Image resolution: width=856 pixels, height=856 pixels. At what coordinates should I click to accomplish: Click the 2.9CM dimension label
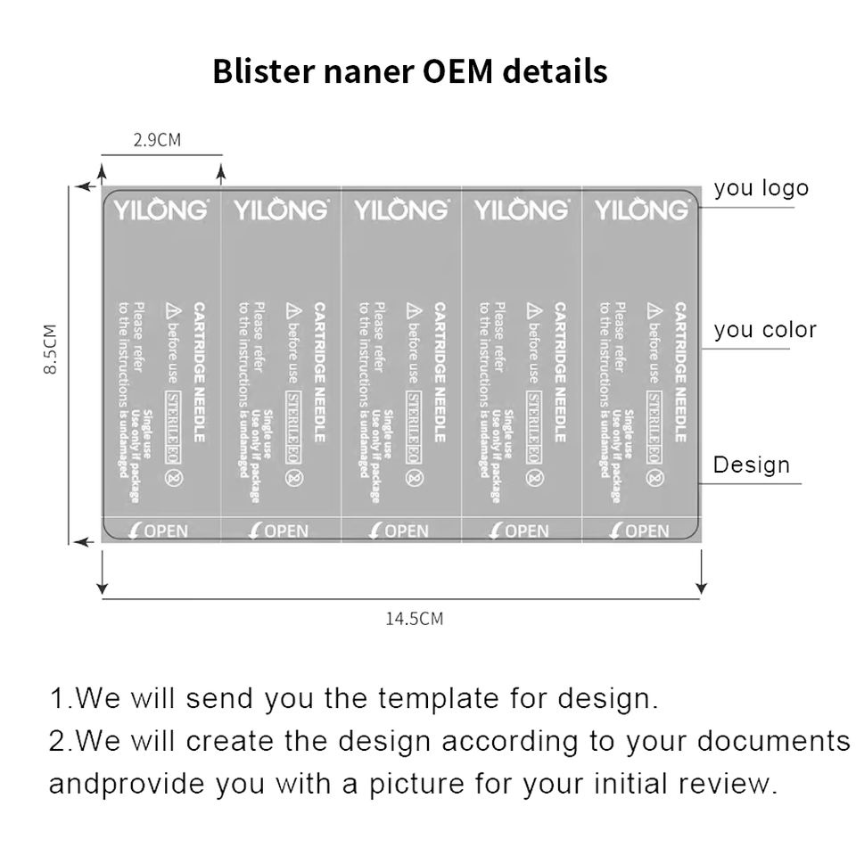[157, 139]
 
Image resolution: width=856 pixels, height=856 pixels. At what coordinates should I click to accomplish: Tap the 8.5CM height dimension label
[51, 349]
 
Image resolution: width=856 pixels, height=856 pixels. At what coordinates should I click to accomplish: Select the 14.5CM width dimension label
[414, 619]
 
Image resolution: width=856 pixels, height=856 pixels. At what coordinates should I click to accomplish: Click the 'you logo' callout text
[761, 188]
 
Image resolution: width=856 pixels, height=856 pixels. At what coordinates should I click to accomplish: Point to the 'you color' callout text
[765, 330]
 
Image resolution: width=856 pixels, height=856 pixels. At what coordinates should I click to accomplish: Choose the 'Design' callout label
[751, 465]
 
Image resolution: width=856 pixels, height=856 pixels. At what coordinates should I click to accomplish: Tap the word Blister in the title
[256, 70]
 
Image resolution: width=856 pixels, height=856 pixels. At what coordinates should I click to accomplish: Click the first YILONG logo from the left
[160, 210]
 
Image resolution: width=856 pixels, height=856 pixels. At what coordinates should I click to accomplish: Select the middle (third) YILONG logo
[401, 210]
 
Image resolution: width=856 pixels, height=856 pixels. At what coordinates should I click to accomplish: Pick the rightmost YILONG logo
[642, 210]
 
